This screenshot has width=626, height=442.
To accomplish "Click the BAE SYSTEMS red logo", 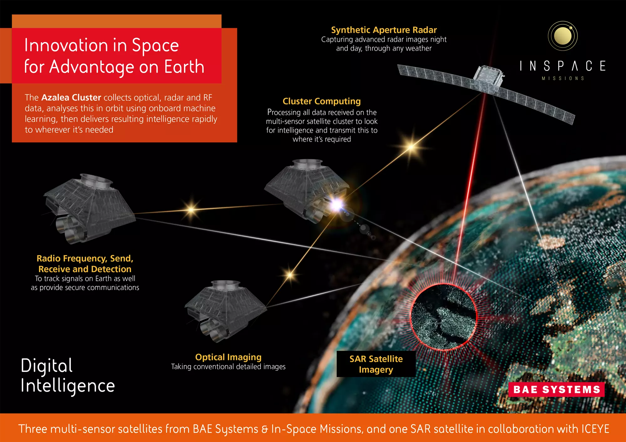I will click(x=556, y=389).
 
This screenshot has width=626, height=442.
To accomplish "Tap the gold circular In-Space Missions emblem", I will click(x=562, y=36).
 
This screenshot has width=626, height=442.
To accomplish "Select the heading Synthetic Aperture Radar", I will click(x=384, y=30).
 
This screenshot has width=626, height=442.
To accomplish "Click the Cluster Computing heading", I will click(x=321, y=101).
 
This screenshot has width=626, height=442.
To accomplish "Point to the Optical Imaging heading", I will click(x=228, y=357).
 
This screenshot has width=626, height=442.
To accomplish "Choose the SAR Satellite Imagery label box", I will click(x=376, y=364).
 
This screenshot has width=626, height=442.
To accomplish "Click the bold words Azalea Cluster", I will click(x=71, y=98).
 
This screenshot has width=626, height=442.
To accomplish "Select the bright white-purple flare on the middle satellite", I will click(x=336, y=205).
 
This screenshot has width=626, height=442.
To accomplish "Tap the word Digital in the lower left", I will click(x=47, y=366).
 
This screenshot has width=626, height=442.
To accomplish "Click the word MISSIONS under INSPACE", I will click(x=563, y=78).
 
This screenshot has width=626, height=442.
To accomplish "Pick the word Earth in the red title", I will click(x=184, y=67).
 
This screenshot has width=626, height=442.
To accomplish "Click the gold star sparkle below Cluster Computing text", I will click(x=411, y=147).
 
